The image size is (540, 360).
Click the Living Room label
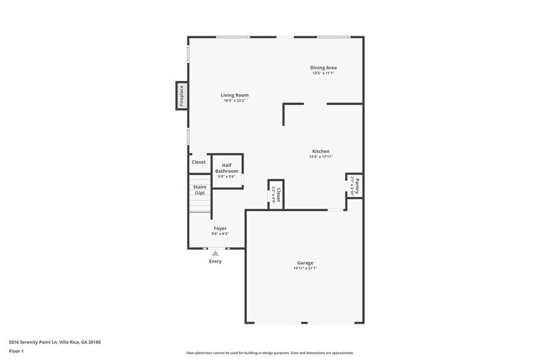[x=234, y=95]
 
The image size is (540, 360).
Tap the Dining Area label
[x=323, y=67]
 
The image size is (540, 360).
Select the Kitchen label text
[x=321, y=151]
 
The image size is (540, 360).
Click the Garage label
[x=305, y=263]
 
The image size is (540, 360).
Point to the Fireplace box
[x=182, y=96]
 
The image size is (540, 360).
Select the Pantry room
[x=354, y=185]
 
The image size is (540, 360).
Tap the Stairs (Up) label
[x=200, y=190]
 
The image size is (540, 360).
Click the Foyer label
[x=220, y=228]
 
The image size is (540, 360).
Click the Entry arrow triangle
[x=215, y=253]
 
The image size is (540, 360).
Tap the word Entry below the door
[x=215, y=261]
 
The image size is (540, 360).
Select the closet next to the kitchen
[x=276, y=195]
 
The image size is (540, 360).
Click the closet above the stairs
[x=199, y=162]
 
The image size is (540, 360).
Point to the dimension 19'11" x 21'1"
[x=305, y=268]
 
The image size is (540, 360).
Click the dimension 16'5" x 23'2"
[x=234, y=100]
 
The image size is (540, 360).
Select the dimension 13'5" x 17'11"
[x=321, y=157]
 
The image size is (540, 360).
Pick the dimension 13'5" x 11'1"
[x=323, y=73]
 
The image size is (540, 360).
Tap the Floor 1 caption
[x=16, y=351]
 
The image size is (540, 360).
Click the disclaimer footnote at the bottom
[x=269, y=353]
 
